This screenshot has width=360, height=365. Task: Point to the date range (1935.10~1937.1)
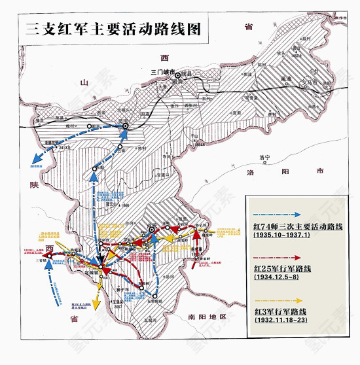point(283,235)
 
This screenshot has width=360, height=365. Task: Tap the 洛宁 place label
point(264,158)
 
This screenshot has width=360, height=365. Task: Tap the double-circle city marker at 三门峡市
point(177,75)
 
